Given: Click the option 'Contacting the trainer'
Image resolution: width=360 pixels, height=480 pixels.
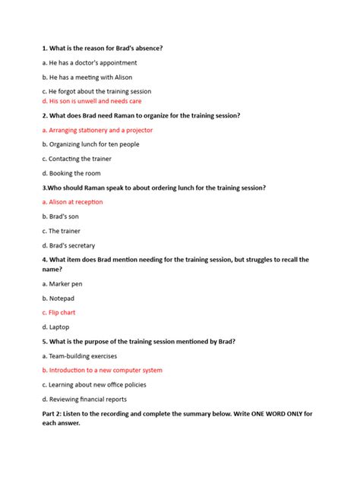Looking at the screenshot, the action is pyautogui.click(x=74, y=159).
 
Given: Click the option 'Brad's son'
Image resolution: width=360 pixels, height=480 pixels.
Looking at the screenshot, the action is pyautogui.click(x=60, y=216).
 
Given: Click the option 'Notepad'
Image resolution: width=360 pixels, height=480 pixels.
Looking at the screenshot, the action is pyautogui.click(x=58, y=298).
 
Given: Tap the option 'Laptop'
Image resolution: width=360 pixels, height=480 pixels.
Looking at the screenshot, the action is pyautogui.click(x=55, y=327).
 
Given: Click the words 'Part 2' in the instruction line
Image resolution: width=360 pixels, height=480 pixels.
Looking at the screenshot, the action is pyautogui.click(x=54, y=414).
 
